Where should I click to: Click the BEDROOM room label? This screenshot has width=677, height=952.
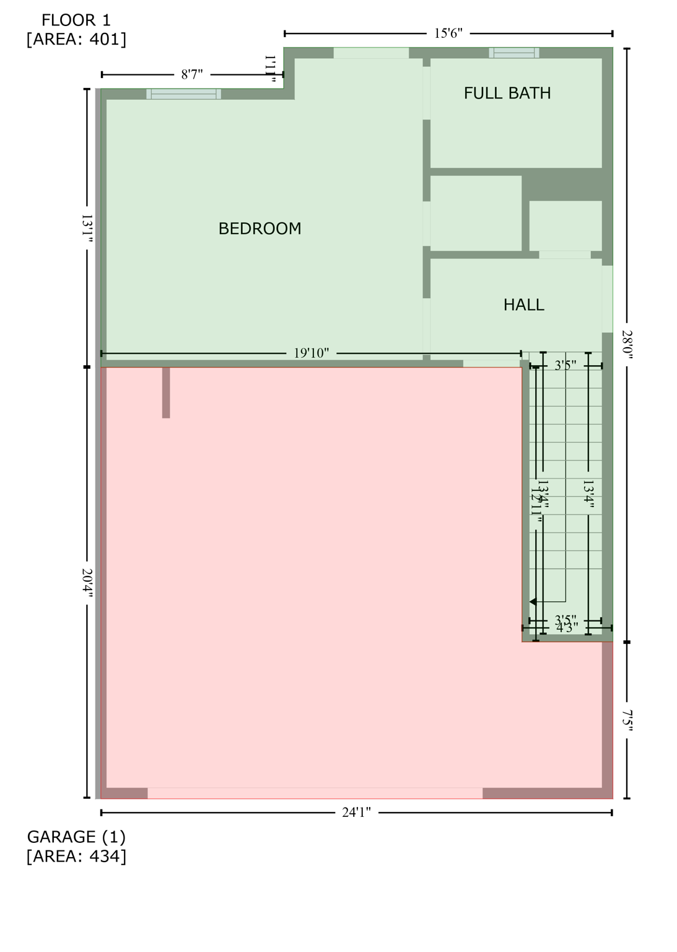click(x=260, y=229)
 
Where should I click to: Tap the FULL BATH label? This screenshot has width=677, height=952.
click(x=507, y=93)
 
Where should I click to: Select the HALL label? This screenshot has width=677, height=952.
click(x=523, y=304)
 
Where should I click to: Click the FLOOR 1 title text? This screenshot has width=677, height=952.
click(x=76, y=20)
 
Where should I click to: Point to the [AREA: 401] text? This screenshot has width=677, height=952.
click(x=76, y=39)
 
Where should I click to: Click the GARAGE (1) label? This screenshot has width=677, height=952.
click(x=76, y=837)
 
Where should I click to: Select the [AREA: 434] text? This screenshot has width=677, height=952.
click(x=76, y=856)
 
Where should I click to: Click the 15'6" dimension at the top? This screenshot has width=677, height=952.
click(x=448, y=33)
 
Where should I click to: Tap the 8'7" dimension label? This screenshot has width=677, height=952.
click(x=192, y=75)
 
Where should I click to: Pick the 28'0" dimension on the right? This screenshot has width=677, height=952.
click(x=627, y=344)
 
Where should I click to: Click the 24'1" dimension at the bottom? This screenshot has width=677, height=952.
click(x=356, y=813)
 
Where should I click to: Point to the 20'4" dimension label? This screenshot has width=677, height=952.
click(x=87, y=583)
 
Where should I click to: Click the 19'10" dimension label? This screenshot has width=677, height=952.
click(x=311, y=353)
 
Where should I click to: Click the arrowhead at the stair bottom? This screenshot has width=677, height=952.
click(x=533, y=602)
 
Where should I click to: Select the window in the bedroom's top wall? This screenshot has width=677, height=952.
click(x=183, y=94)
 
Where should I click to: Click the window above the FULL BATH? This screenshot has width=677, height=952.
click(x=513, y=53)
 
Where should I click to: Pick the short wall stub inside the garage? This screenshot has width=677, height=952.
click(x=166, y=392)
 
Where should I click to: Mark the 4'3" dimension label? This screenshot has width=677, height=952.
click(x=567, y=628)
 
